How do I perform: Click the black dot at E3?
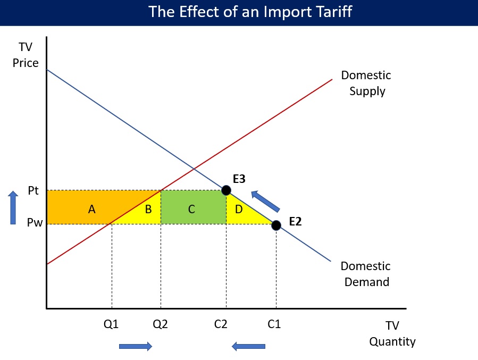tap(226, 190)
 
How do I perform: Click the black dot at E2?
tap(276, 225)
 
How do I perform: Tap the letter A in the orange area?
tap(92, 210)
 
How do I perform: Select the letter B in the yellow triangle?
tap(148, 210)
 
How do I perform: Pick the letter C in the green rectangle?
tap(191, 210)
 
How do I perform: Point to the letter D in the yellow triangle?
tap(239, 210)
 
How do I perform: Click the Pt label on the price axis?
tap(33, 190)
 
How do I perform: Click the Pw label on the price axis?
tap(35, 222)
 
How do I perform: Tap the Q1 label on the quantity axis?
tap(111, 324)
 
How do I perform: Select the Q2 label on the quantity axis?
tap(161, 324)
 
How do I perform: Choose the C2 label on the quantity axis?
tap(221, 324)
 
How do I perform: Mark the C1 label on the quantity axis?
tap(274, 324)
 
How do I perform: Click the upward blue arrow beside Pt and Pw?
tap(13, 207)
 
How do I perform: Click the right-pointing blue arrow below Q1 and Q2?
tap(136, 346)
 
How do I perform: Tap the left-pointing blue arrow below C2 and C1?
tap(248, 346)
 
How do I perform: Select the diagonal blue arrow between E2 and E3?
tap(265, 201)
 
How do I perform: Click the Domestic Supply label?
tap(366, 83)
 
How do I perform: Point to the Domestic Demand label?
tap(366, 274)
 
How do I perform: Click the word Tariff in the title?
tap(334, 12)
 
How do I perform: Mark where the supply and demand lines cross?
tap(194, 168)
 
